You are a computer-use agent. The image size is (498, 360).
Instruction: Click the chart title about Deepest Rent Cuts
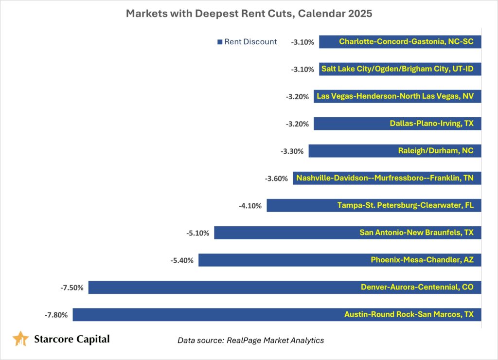pyautogui.click(x=249, y=13)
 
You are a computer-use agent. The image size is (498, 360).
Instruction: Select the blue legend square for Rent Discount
pyautogui.click(x=219, y=42)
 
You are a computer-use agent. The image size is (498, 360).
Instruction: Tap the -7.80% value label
pyautogui.click(x=56, y=315)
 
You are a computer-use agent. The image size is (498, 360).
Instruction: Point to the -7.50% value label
pyautogui.click(x=71, y=288)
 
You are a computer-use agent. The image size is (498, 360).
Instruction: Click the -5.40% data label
pyautogui.click(x=182, y=260)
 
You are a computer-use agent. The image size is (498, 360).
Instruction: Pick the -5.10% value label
pyautogui.click(x=197, y=233)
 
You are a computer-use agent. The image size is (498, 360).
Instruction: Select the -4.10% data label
pyautogui.click(x=250, y=206)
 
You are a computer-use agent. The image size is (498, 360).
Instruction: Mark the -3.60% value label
pyautogui.click(x=276, y=179)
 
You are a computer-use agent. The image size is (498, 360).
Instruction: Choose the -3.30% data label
pyautogui.click(x=292, y=151)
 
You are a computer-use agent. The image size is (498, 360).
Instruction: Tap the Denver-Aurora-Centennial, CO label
pyautogui.click(x=417, y=287)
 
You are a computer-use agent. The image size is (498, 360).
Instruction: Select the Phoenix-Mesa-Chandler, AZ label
pyautogui.click(x=422, y=260)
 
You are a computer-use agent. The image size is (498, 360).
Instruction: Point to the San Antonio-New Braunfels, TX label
pyautogui.click(x=416, y=233)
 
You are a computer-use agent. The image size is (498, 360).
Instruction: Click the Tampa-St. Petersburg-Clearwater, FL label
pyautogui.click(x=405, y=205)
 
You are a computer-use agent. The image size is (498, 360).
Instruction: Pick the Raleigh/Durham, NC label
pyautogui.click(x=435, y=151)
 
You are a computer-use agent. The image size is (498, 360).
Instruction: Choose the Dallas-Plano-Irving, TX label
pyautogui.click(x=431, y=124)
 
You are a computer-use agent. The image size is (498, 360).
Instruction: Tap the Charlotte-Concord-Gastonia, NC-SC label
pyautogui.click(x=406, y=42)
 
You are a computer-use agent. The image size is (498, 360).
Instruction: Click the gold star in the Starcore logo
pyautogui.click(x=20, y=338)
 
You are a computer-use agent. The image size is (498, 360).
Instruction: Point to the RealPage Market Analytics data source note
pyautogui.click(x=250, y=340)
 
